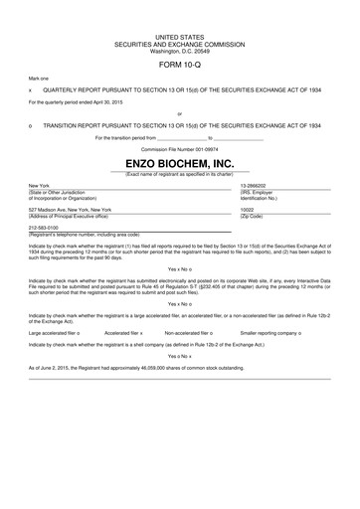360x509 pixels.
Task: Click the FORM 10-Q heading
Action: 179,64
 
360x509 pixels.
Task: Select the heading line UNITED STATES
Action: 179,36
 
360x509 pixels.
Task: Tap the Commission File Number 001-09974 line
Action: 179,148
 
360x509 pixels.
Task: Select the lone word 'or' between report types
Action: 179,114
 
